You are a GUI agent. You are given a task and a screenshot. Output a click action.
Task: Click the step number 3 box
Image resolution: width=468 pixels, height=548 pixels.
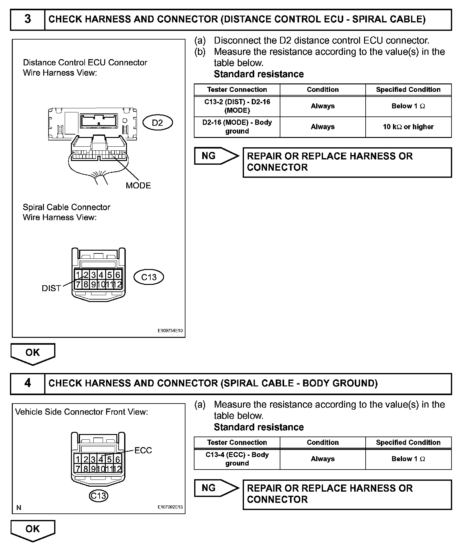[28, 20]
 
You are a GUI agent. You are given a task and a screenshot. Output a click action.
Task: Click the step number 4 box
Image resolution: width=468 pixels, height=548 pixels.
[28, 383]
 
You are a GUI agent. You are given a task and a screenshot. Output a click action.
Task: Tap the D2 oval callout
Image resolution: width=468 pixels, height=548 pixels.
[157, 123]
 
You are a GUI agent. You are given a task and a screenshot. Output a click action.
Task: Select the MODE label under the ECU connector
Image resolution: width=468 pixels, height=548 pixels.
[138, 186]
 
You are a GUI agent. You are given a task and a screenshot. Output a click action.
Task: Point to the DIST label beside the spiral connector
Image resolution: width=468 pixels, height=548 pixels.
[51, 288]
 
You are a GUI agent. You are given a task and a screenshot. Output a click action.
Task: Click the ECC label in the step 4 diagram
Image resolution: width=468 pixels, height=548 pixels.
[143, 451]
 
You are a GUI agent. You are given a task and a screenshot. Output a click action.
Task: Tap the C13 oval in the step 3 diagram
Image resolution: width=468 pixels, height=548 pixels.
[149, 277]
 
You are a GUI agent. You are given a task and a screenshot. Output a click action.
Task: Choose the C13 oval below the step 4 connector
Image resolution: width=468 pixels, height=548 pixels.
[98, 495]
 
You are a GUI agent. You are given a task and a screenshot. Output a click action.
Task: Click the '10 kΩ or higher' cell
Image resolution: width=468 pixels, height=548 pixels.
[408, 127]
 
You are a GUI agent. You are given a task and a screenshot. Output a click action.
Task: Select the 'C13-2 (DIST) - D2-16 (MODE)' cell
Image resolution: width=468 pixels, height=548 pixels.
[237, 106]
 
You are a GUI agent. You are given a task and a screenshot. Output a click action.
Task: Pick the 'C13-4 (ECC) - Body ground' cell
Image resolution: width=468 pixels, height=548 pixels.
[237, 459]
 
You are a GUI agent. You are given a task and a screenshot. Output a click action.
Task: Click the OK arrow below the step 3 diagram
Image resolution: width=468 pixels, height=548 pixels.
[33, 353]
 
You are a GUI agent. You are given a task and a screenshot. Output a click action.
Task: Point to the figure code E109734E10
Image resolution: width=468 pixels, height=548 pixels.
[170, 331]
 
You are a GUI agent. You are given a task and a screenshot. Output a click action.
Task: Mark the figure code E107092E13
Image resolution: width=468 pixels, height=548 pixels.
[170, 507]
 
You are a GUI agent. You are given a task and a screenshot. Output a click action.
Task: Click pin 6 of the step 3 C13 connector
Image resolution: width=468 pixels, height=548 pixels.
[118, 275]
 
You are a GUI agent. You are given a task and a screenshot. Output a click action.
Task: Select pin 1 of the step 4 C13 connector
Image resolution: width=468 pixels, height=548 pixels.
[78, 460]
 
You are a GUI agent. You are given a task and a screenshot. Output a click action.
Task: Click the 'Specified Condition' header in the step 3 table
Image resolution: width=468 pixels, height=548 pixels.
[408, 90]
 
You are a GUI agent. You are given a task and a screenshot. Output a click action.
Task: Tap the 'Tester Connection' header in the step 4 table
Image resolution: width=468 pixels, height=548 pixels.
[237, 442]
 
